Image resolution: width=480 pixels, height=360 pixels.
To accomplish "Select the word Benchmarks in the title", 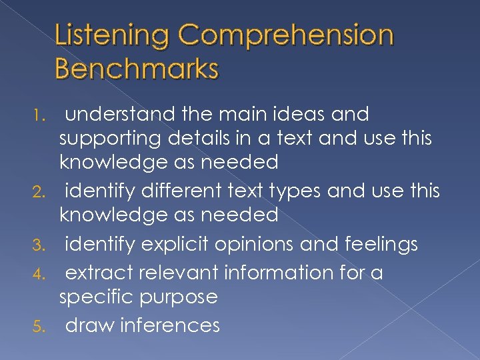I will pos(137,68).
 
